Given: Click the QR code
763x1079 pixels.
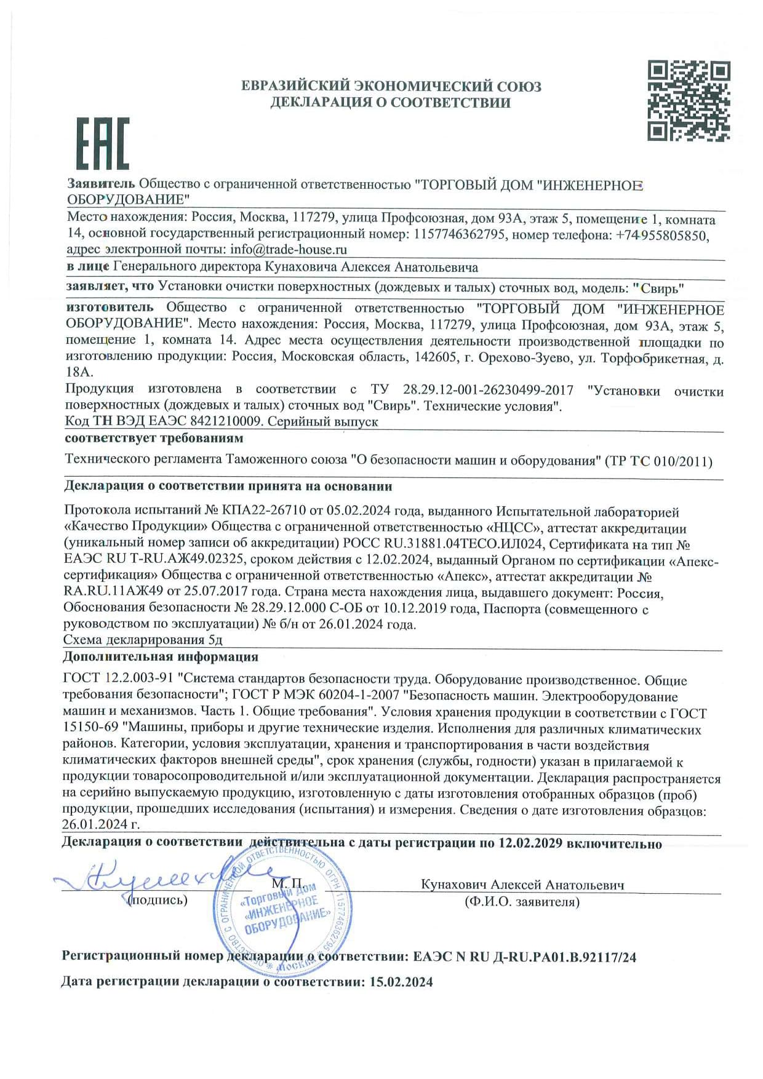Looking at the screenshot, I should (x=688, y=101).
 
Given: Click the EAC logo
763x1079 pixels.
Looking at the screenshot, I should (x=102, y=143).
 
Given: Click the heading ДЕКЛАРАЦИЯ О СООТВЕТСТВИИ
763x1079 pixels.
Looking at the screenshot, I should (x=390, y=103).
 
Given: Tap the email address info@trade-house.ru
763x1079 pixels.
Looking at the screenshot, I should (x=289, y=250).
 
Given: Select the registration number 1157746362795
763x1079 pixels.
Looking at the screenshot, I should (x=460, y=234).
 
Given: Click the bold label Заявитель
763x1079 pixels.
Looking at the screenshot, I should (x=101, y=183).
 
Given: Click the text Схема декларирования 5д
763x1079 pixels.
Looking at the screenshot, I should (x=143, y=640).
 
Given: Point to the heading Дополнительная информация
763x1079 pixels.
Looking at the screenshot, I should (x=160, y=656).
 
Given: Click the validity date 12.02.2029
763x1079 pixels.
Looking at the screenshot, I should (x=530, y=843).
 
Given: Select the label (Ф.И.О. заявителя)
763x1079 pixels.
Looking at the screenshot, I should (x=522, y=902).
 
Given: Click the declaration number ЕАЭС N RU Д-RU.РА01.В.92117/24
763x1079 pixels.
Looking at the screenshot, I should (x=525, y=957).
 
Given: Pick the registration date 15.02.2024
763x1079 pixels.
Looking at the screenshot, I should (x=401, y=982).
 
